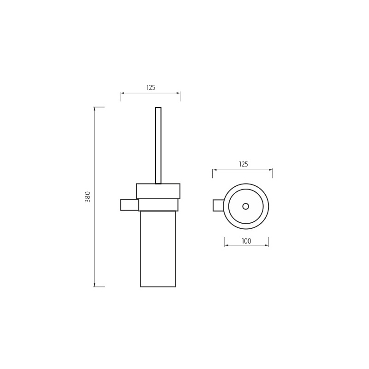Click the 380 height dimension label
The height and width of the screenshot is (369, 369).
[88, 197]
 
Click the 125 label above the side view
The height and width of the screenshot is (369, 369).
[151, 88]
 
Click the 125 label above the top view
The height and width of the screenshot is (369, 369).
[244, 164]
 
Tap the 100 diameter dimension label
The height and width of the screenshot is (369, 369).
[246, 241]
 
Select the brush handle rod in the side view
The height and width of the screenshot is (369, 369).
[158, 145]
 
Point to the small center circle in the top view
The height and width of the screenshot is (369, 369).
[246, 206]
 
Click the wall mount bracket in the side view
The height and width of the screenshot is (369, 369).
[130, 205]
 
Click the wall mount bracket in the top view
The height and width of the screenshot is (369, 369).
[218, 205]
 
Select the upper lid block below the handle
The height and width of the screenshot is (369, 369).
[158, 191]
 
